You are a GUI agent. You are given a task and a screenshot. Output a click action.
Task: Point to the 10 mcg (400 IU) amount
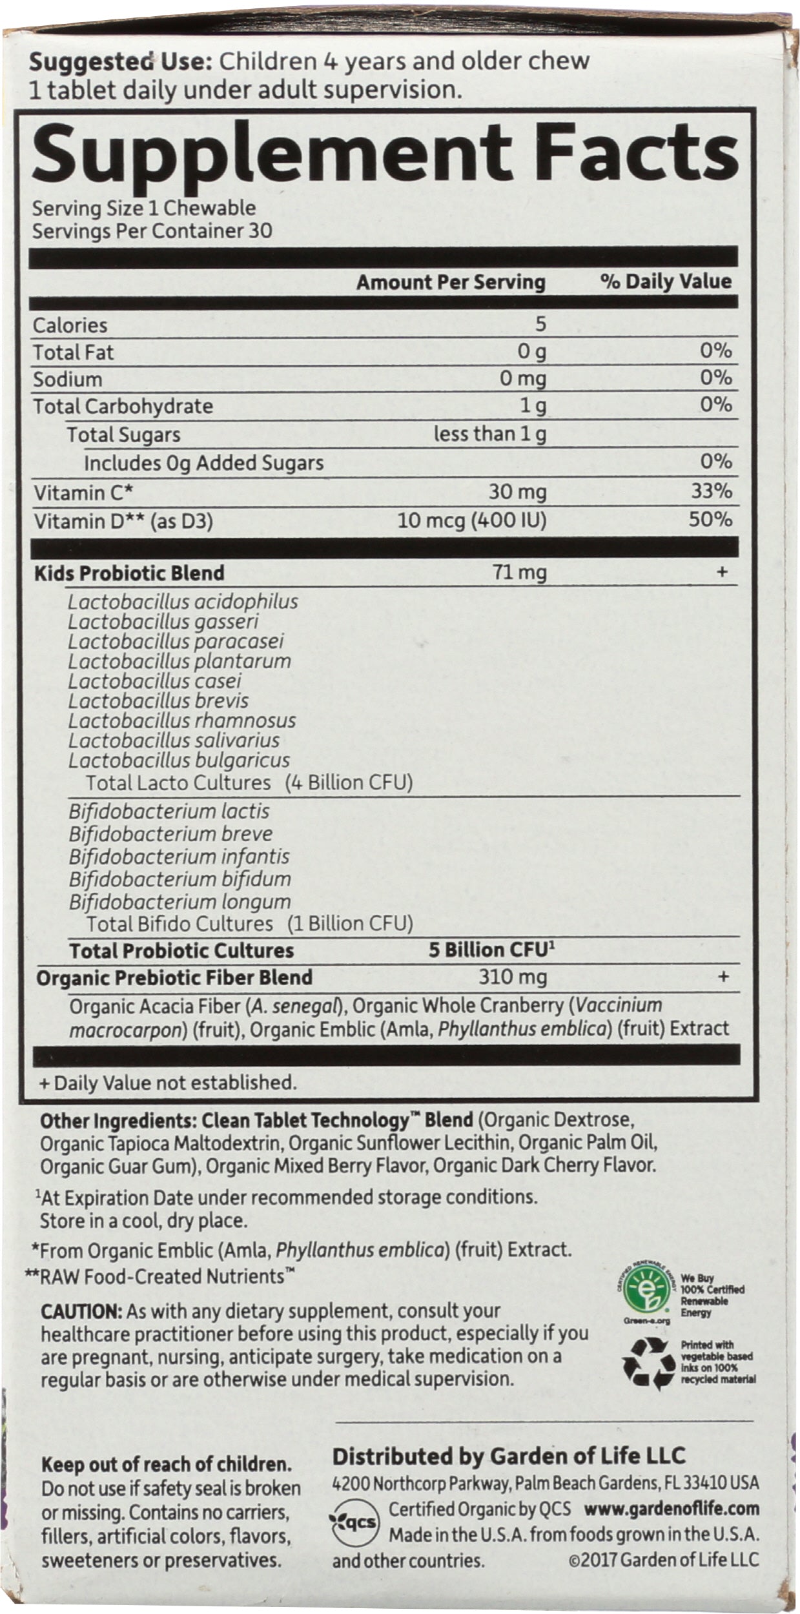[471, 520]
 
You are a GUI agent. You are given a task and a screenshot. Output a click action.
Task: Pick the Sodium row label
[68, 379]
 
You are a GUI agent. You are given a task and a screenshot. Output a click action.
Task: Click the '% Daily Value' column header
[666, 281]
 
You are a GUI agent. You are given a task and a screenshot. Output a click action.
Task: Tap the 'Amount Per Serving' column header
[451, 282]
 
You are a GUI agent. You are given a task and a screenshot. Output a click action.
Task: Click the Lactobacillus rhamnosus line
[182, 720]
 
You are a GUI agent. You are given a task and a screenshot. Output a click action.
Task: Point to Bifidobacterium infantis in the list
[179, 857]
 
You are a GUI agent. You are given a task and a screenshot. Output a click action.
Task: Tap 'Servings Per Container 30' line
[152, 230]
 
